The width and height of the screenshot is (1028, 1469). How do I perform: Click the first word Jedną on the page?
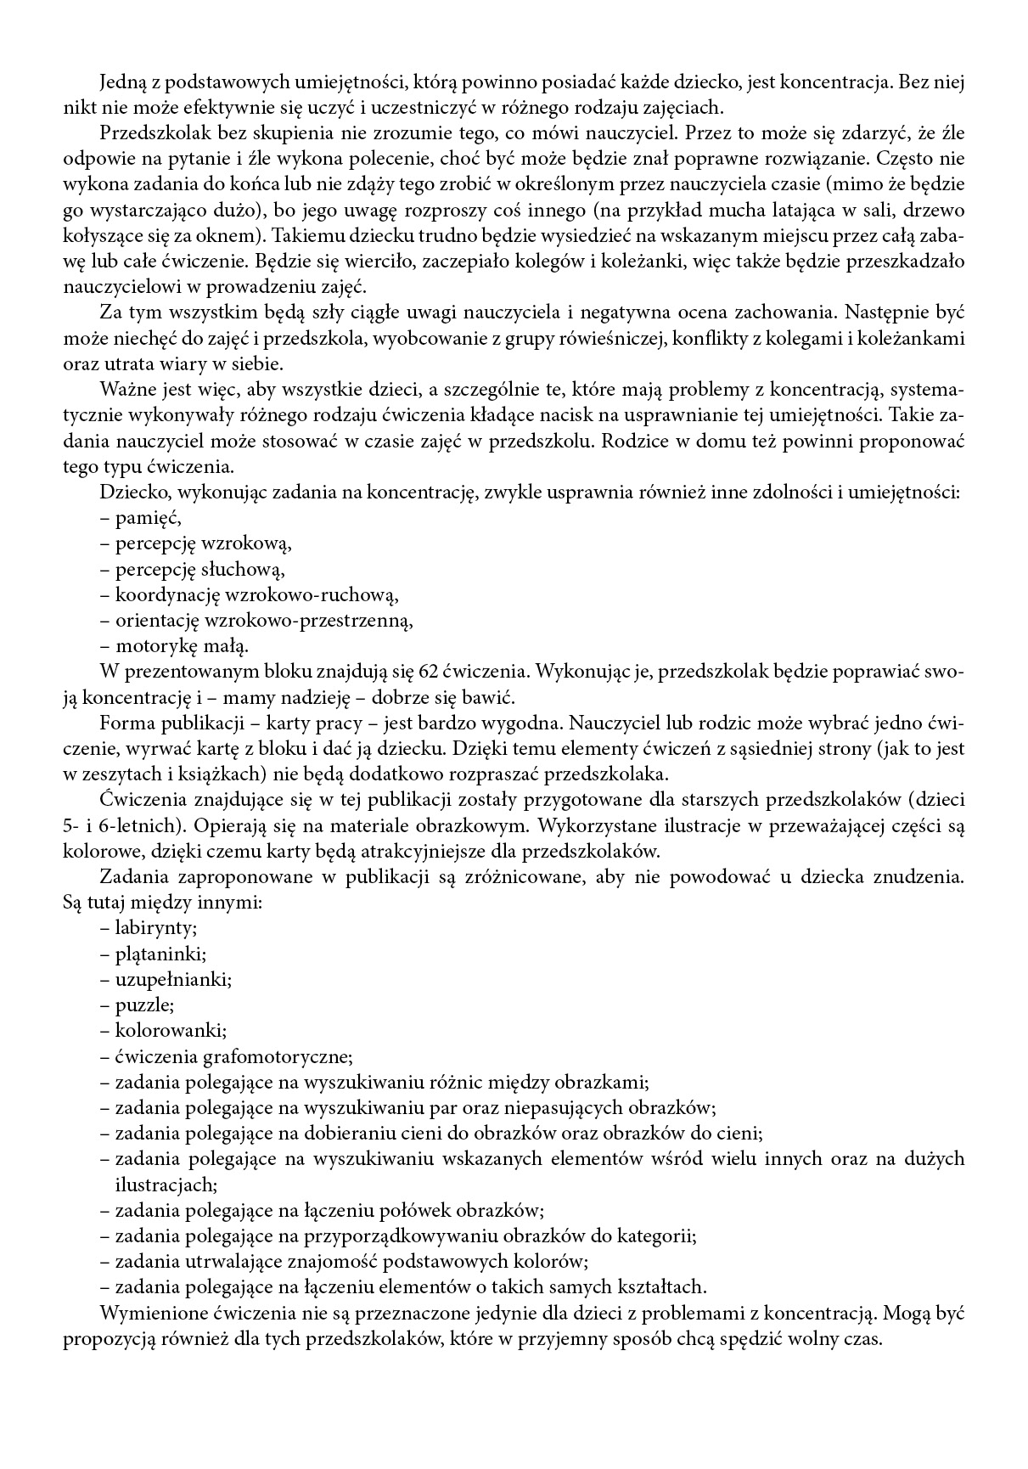(x=123, y=83)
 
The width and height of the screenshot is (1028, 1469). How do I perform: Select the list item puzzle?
(x=144, y=1005)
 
